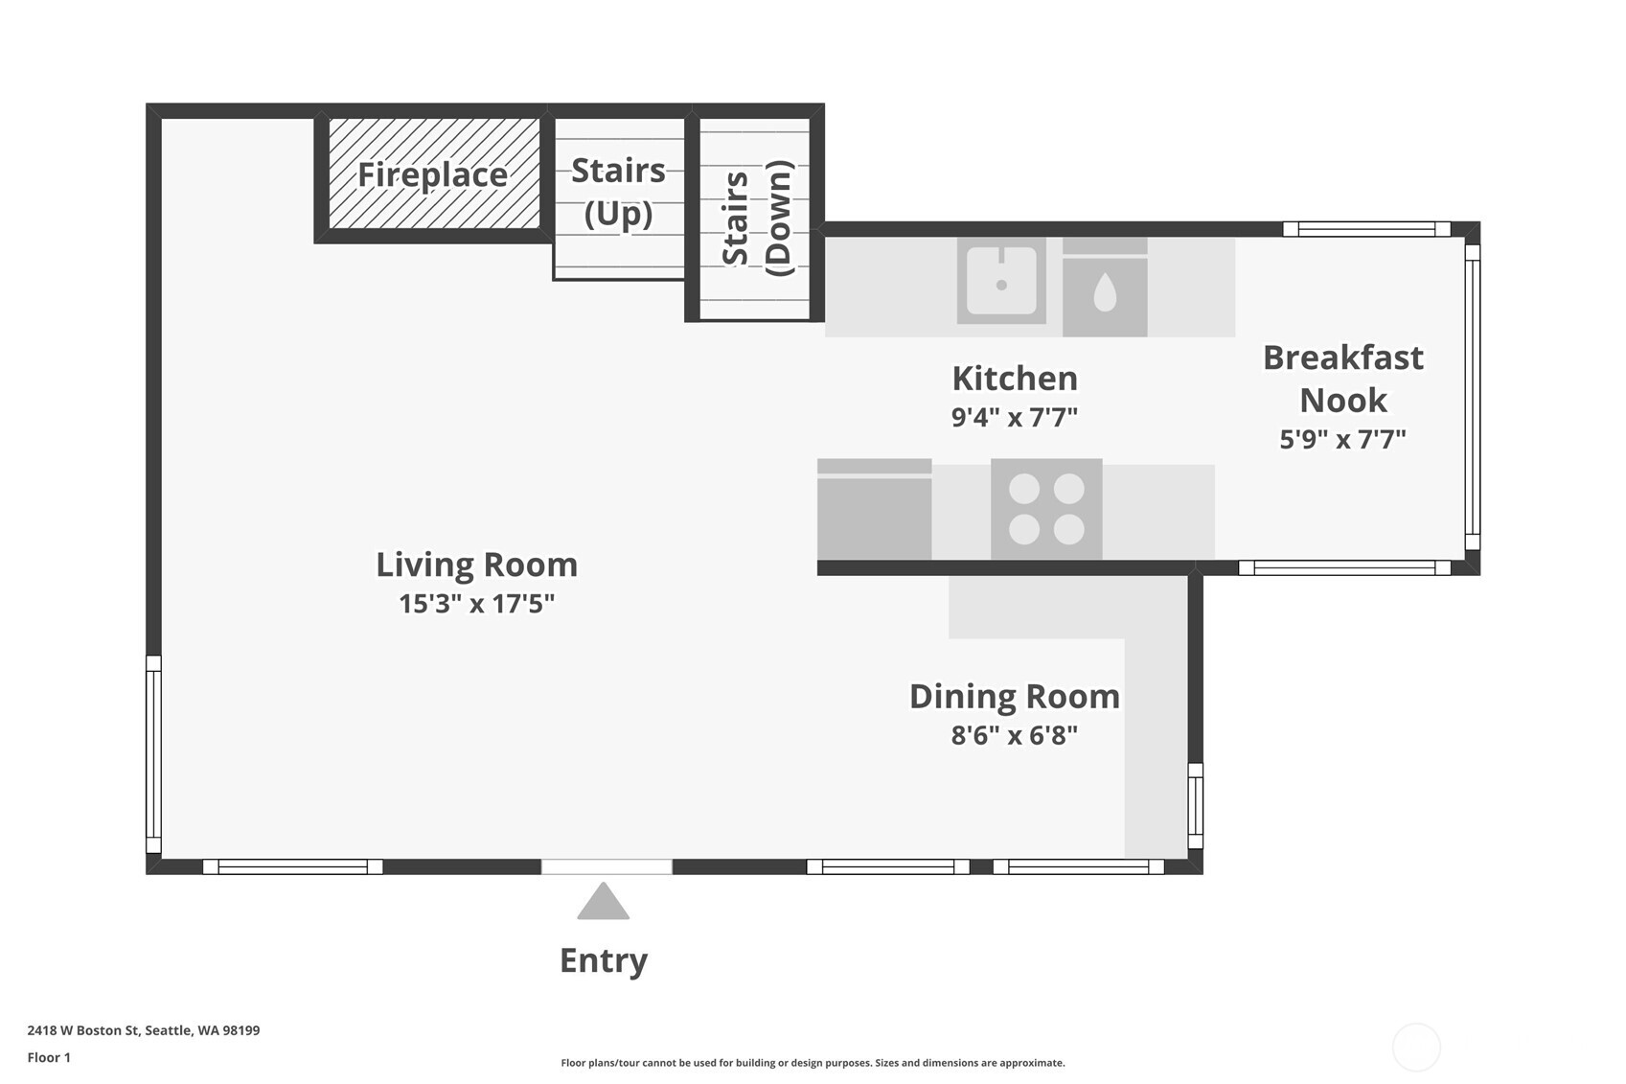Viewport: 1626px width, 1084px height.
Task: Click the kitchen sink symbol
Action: click(x=1001, y=281)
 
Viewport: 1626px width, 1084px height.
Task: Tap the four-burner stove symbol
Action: click(x=1046, y=509)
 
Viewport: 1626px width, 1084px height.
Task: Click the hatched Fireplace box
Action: click(x=433, y=174)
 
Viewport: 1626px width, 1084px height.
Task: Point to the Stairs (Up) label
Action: click(x=618, y=192)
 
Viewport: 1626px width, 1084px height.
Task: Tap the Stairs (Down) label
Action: click(x=758, y=219)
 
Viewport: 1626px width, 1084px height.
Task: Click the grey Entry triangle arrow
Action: click(x=603, y=904)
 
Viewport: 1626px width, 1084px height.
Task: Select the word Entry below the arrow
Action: click(x=603, y=959)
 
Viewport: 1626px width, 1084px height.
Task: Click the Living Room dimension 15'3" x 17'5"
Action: click(x=476, y=604)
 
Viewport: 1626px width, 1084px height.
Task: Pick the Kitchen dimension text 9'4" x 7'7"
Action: click(x=1014, y=418)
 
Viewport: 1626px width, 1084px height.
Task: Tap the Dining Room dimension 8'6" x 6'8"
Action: click(x=1014, y=735)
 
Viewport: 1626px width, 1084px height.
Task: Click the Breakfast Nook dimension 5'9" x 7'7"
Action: click(x=1342, y=439)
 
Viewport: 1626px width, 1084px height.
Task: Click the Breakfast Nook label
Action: click(x=1342, y=378)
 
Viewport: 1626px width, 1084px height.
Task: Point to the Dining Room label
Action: click(x=1014, y=696)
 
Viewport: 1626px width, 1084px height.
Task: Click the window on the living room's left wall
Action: click(x=153, y=754)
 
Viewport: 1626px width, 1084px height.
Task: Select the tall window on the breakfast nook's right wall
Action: click(x=1473, y=397)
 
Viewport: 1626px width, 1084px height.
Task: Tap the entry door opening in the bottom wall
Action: click(x=607, y=866)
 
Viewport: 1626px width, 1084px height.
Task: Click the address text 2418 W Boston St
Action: click(x=143, y=1030)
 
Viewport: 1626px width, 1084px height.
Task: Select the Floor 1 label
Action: click(x=49, y=1057)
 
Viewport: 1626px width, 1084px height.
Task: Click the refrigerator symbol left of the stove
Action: click(x=874, y=511)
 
